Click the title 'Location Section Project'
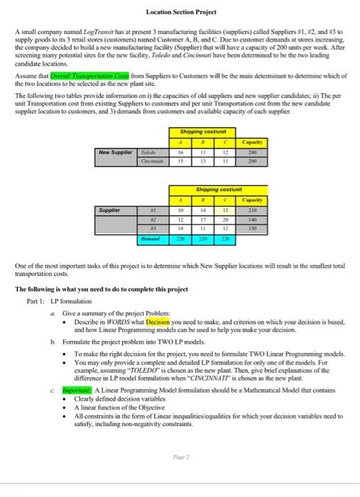tap(180, 12)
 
